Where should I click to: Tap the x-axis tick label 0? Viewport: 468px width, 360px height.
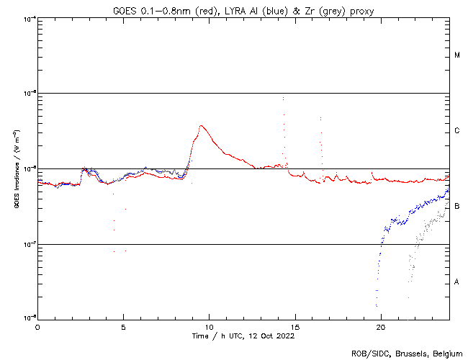[37, 326]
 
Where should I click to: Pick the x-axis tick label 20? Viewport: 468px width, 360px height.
[380, 326]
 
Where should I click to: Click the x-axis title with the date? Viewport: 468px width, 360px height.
[243, 336]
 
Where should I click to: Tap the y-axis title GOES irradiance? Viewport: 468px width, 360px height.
[16, 168]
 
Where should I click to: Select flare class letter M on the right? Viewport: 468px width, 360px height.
[457, 55]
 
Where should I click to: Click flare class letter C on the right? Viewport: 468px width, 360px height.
[457, 131]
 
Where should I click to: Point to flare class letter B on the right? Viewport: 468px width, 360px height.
[457, 207]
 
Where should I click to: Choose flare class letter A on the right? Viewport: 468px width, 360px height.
[457, 282]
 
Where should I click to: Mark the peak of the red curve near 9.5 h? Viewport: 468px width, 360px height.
[202, 126]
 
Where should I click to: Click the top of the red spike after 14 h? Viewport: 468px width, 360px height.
[283, 97]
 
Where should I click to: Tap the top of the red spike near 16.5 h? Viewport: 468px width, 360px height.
[320, 118]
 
